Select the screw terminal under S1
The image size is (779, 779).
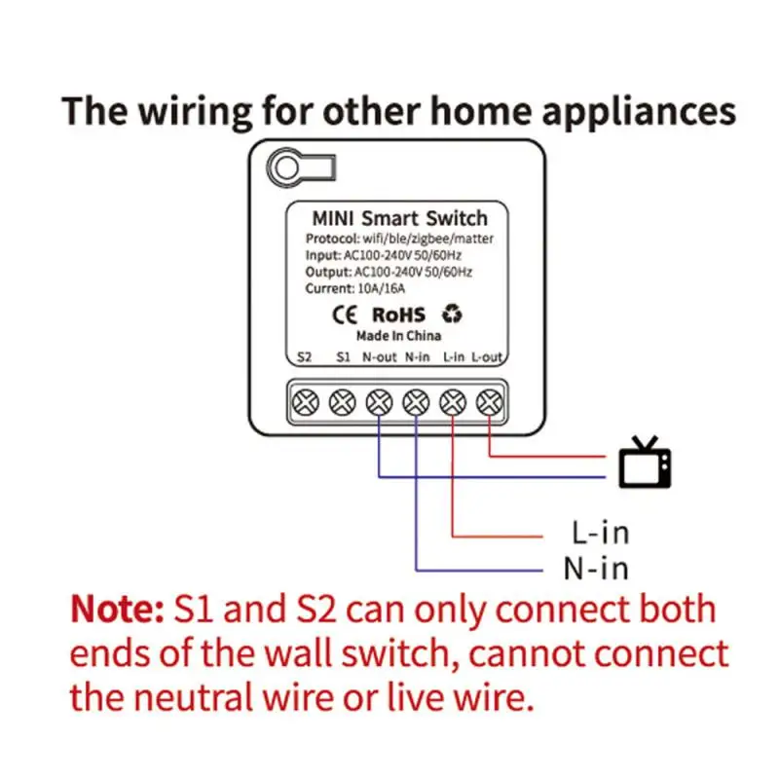click(x=342, y=400)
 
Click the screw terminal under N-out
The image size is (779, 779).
click(x=379, y=400)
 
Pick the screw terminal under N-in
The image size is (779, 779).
click(x=417, y=400)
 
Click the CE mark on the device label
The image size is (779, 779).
click(x=346, y=314)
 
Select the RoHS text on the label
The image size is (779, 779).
click(x=399, y=314)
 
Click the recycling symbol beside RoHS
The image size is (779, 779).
click(x=452, y=314)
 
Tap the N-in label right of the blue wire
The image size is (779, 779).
click(x=596, y=569)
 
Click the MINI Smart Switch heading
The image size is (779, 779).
click(x=398, y=217)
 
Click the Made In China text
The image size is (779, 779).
click(x=398, y=336)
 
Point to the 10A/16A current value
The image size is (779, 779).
click(x=382, y=289)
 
